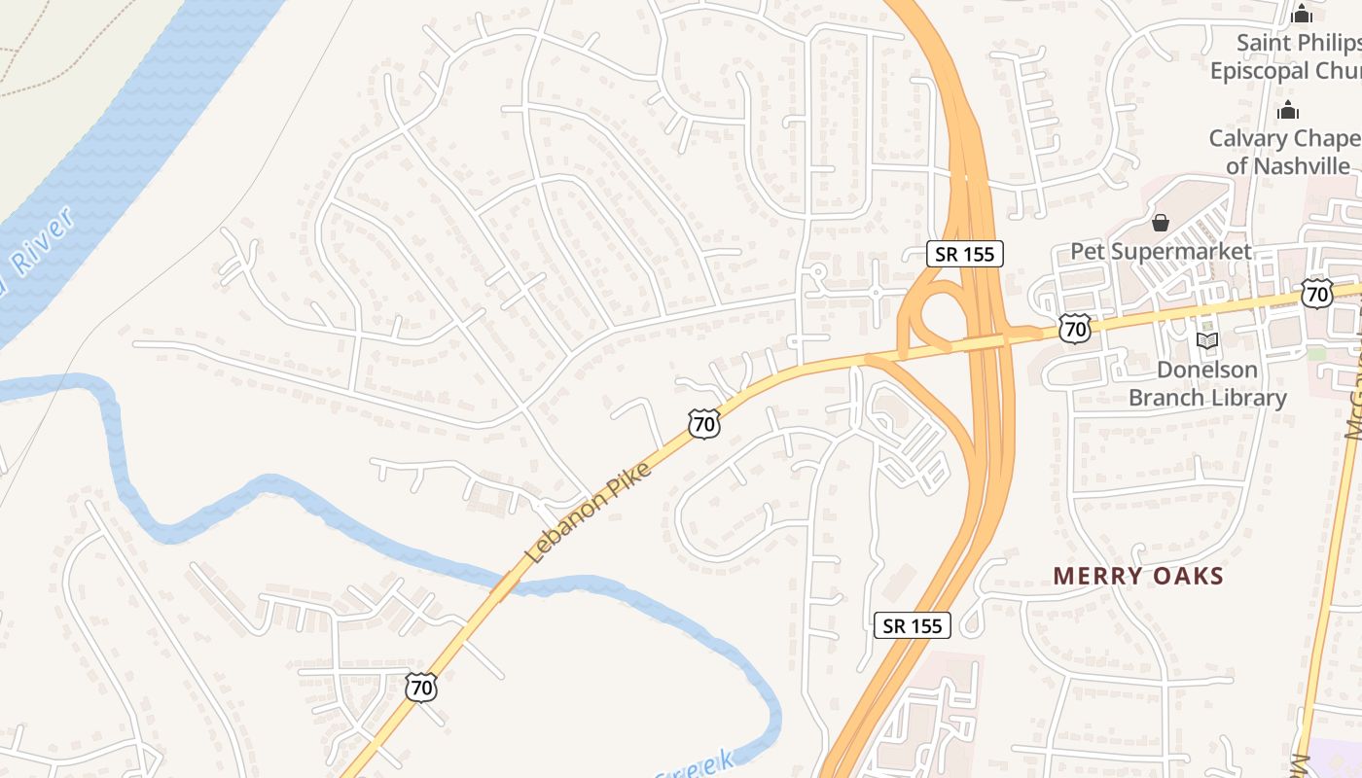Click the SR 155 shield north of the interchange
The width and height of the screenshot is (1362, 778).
coord(964,254)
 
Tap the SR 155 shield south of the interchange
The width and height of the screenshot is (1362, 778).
coord(913,625)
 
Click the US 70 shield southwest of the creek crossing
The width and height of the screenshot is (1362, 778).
coord(421,688)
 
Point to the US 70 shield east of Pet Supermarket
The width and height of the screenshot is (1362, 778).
coord(1317,293)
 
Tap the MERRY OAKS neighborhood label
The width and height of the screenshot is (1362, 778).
coord(1138,576)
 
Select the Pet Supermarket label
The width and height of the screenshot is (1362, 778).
coord(1161,251)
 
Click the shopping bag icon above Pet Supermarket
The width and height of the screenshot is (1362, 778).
coord(1160,223)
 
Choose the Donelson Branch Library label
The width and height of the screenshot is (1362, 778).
coord(1207,383)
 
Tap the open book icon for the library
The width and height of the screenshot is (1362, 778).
coord(1207,341)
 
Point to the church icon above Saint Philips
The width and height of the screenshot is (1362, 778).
coord(1302,14)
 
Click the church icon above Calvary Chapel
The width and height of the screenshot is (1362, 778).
coord(1289,110)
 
